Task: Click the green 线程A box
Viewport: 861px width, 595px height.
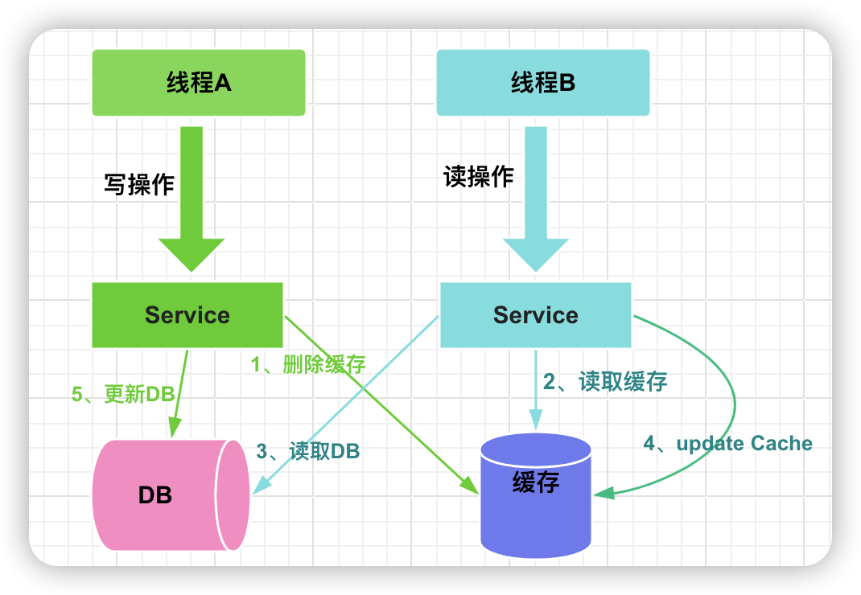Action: pyautogui.click(x=198, y=83)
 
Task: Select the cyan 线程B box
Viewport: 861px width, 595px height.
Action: pyautogui.click(x=542, y=83)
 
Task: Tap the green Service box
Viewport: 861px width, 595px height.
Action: pyautogui.click(x=187, y=315)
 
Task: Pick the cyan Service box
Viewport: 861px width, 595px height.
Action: pyautogui.click(x=535, y=315)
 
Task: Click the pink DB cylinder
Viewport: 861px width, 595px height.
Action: pyautogui.click(x=171, y=494)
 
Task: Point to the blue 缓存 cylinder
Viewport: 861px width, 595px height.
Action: pyautogui.click(x=535, y=495)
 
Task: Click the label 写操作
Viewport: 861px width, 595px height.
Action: pyautogui.click(x=139, y=184)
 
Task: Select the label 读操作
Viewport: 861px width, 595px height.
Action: pyautogui.click(x=478, y=177)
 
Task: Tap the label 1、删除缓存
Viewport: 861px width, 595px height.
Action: pyautogui.click(x=308, y=364)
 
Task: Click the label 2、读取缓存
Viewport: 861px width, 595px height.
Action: pyautogui.click(x=605, y=382)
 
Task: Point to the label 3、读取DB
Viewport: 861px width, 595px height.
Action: pyautogui.click(x=308, y=451)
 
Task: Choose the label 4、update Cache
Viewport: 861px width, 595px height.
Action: pyautogui.click(x=727, y=444)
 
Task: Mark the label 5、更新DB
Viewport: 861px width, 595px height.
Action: pyautogui.click(x=123, y=394)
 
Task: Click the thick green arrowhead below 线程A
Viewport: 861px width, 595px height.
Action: pyautogui.click(x=192, y=255)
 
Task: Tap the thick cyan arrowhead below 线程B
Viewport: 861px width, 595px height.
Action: pyautogui.click(x=535, y=255)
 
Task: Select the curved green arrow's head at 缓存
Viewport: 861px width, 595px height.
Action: pyautogui.click(x=604, y=492)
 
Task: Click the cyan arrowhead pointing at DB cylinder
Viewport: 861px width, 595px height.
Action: pyautogui.click(x=260, y=485)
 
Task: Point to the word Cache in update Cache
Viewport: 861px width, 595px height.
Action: pyautogui.click(x=781, y=443)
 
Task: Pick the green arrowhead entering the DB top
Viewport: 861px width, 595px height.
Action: pyautogui.click(x=175, y=428)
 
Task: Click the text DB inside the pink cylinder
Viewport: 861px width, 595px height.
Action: pyautogui.click(x=154, y=495)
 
